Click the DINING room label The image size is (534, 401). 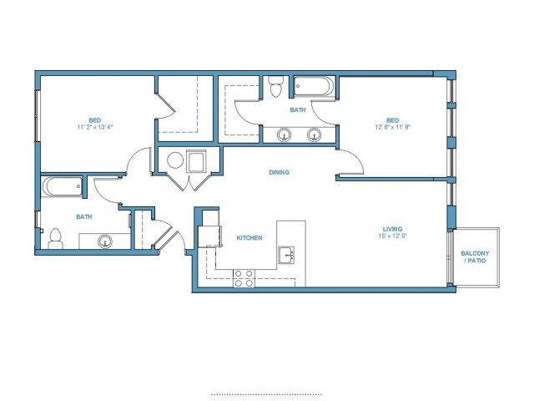(280, 173)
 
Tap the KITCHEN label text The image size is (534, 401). (249, 238)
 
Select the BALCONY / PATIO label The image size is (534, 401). (475, 257)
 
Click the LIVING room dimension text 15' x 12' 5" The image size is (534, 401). (393, 236)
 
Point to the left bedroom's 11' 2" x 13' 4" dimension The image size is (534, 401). (95, 127)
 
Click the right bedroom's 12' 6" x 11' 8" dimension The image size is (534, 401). (393, 127)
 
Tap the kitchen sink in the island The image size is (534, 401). (286, 255)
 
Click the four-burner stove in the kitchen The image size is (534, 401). (244, 278)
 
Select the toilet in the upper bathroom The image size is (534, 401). (275, 87)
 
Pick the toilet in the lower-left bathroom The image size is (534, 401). (55, 239)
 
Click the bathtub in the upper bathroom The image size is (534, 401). (315, 86)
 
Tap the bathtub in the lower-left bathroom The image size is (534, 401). (62, 186)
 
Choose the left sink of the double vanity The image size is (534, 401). (284, 135)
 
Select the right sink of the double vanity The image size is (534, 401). (314, 135)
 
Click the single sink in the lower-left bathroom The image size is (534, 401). (105, 241)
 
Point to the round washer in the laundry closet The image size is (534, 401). (175, 160)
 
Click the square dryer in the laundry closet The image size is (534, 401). (196, 161)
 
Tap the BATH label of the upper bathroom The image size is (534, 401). (298, 110)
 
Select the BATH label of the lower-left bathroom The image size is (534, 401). (83, 217)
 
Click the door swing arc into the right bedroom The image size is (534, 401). (357, 158)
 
